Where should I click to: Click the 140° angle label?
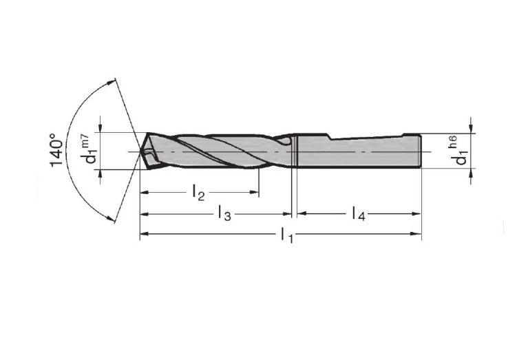point(56,150)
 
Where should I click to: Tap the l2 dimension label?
point(198,193)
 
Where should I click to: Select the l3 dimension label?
point(224,213)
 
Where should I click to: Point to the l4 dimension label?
point(359,213)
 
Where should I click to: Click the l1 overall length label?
point(287,235)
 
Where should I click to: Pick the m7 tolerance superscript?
point(85,140)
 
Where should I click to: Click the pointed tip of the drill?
point(140,151)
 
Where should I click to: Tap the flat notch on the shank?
point(367,137)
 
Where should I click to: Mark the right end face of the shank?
point(420,150)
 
